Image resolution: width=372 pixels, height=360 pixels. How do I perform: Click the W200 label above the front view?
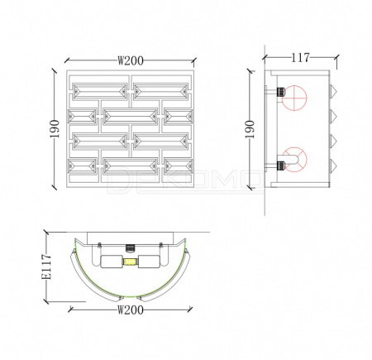pyautogui.click(x=131, y=60)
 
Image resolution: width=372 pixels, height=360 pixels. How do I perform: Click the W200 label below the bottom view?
pyautogui.click(x=131, y=310)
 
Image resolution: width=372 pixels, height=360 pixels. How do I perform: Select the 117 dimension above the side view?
pyautogui.click(x=300, y=57)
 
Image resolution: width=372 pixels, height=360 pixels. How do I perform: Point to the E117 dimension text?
pyautogui.click(x=46, y=266)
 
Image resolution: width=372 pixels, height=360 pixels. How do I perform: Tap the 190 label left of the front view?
pyautogui.click(x=55, y=129)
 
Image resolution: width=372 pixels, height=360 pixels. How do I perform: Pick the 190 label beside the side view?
pyautogui.click(x=250, y=129)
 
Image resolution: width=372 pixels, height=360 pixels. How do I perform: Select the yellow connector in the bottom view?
pyautogui.click(x=131, y=262)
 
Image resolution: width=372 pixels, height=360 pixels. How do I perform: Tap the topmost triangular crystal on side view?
pyautogui.click(x=333, y=90)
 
